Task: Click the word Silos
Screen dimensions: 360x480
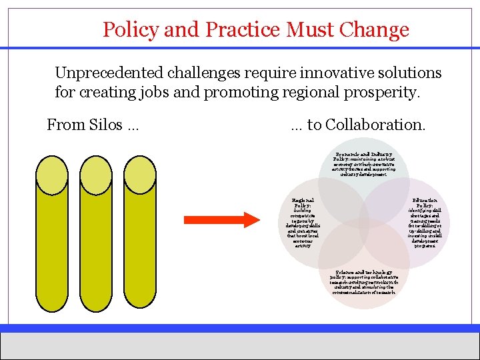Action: [x=103, y=125]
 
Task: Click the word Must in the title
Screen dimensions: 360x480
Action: [x=311, y=30]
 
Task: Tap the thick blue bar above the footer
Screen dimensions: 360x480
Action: [x=240, y=327]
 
